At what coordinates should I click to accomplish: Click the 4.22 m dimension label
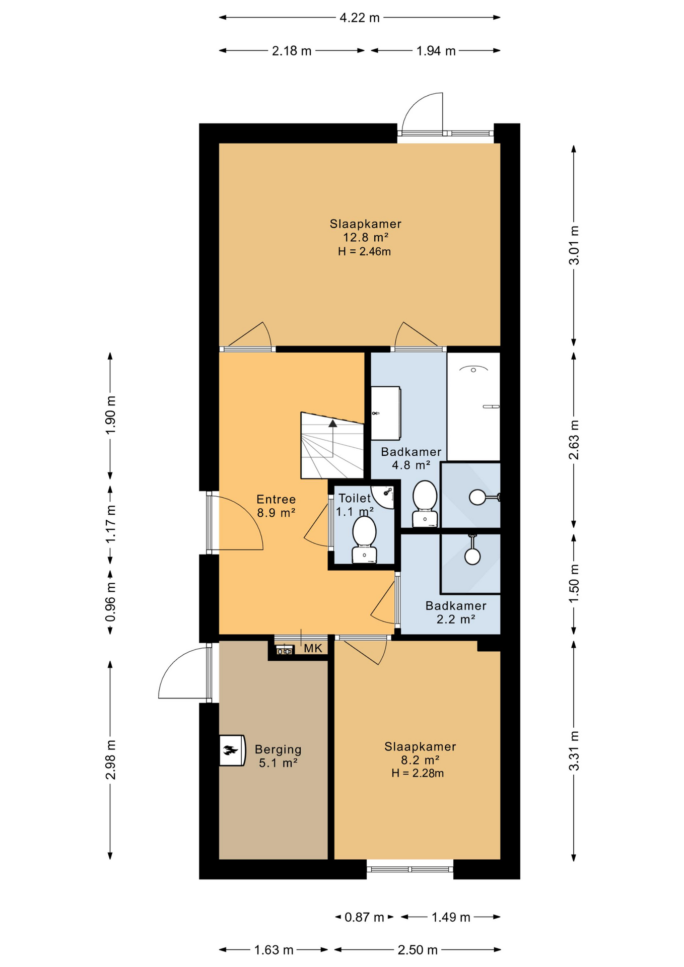coord(359,18)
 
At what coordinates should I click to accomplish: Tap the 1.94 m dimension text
coord(436,51)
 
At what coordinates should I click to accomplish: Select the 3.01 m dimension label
coord(574,245)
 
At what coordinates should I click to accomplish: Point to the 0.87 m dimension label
coord(364,917)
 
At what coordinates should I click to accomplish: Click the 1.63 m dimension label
coord(273,950)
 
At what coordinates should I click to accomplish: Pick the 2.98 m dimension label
coord(110,760)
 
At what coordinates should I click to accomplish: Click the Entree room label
coord(276,499)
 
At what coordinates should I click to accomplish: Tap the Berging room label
coord(278,749)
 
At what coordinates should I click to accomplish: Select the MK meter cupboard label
coord(313,648)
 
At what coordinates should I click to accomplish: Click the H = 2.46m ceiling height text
coord(364,251)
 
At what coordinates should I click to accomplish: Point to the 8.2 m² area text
coord(420,760)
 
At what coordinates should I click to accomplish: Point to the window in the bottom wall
coord(410,869)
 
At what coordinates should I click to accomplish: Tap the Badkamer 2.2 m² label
coord(456,612)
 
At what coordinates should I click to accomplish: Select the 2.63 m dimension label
coord(574,440)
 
